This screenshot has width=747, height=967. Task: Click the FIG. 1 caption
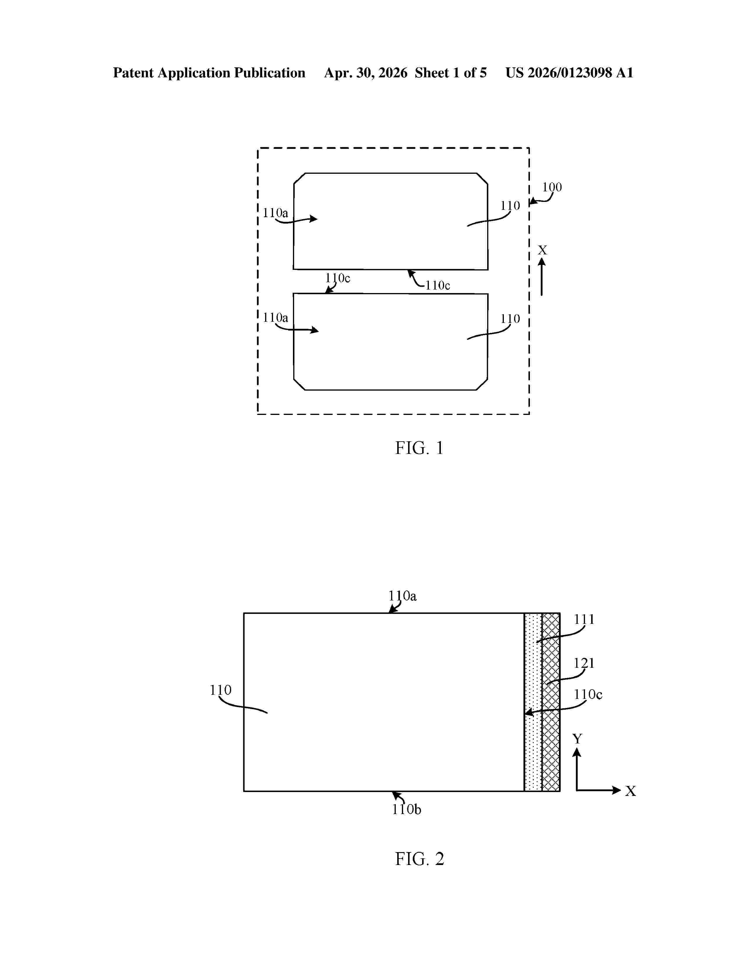(419, 448)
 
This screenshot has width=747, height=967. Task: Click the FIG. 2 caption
(419, 859)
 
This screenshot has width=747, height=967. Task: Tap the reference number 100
(552, 187)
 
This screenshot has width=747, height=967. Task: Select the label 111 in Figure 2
(584, 619)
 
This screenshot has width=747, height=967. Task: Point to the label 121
(584, 663)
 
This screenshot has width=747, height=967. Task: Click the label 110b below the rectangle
(406, 809)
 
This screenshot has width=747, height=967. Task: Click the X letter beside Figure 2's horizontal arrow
(631, 791)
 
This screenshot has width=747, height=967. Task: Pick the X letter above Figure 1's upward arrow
(542, 250)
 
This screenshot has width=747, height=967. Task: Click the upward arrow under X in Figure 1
(542, 277)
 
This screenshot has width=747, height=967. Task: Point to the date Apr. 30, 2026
(366, 73)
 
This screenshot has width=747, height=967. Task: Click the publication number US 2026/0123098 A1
(569, 73)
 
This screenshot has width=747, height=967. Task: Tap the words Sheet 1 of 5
(451, 73)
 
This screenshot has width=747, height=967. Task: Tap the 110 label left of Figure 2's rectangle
(220, 690)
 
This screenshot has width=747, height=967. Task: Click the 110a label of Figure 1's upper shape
(275, 213)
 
